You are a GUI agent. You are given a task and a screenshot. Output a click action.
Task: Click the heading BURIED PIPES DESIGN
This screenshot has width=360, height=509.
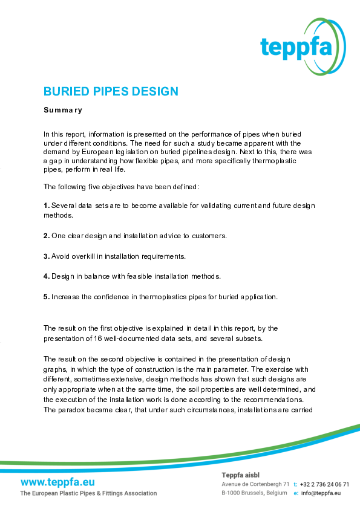[x=111, y=92]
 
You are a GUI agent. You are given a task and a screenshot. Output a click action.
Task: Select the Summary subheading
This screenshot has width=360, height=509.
[x=62, y=111]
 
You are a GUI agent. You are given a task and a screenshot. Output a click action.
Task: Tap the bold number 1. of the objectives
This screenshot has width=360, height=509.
[x=47, y=206]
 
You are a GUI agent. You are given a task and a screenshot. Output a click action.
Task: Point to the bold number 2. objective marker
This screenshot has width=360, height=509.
[x=47, y=235]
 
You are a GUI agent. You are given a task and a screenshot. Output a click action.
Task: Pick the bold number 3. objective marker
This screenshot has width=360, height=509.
[x=47, y=256]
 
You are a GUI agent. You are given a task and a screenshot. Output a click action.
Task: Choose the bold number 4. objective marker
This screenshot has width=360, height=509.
[x=47, y=277]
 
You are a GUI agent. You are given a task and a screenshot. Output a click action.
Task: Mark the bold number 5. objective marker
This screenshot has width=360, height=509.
[x=47, y=297]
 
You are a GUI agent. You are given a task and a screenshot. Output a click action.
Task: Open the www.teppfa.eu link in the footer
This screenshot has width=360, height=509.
[x=57, y=482]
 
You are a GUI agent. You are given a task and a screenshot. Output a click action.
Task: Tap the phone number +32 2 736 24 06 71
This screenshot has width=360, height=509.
[x=324, y=484]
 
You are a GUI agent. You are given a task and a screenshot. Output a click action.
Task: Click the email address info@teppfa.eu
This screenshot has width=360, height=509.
[x=321, y=493]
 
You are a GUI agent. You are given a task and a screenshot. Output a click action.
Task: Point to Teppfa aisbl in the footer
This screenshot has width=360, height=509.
[x=240, y=475]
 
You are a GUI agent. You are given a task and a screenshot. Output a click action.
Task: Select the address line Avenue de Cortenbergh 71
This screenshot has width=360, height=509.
[x=255, y=484]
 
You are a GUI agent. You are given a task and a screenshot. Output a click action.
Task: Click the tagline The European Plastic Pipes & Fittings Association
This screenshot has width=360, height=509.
[x=88, y=493]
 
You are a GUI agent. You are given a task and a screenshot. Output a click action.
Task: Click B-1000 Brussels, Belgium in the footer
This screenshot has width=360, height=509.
[x=254, y=493]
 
